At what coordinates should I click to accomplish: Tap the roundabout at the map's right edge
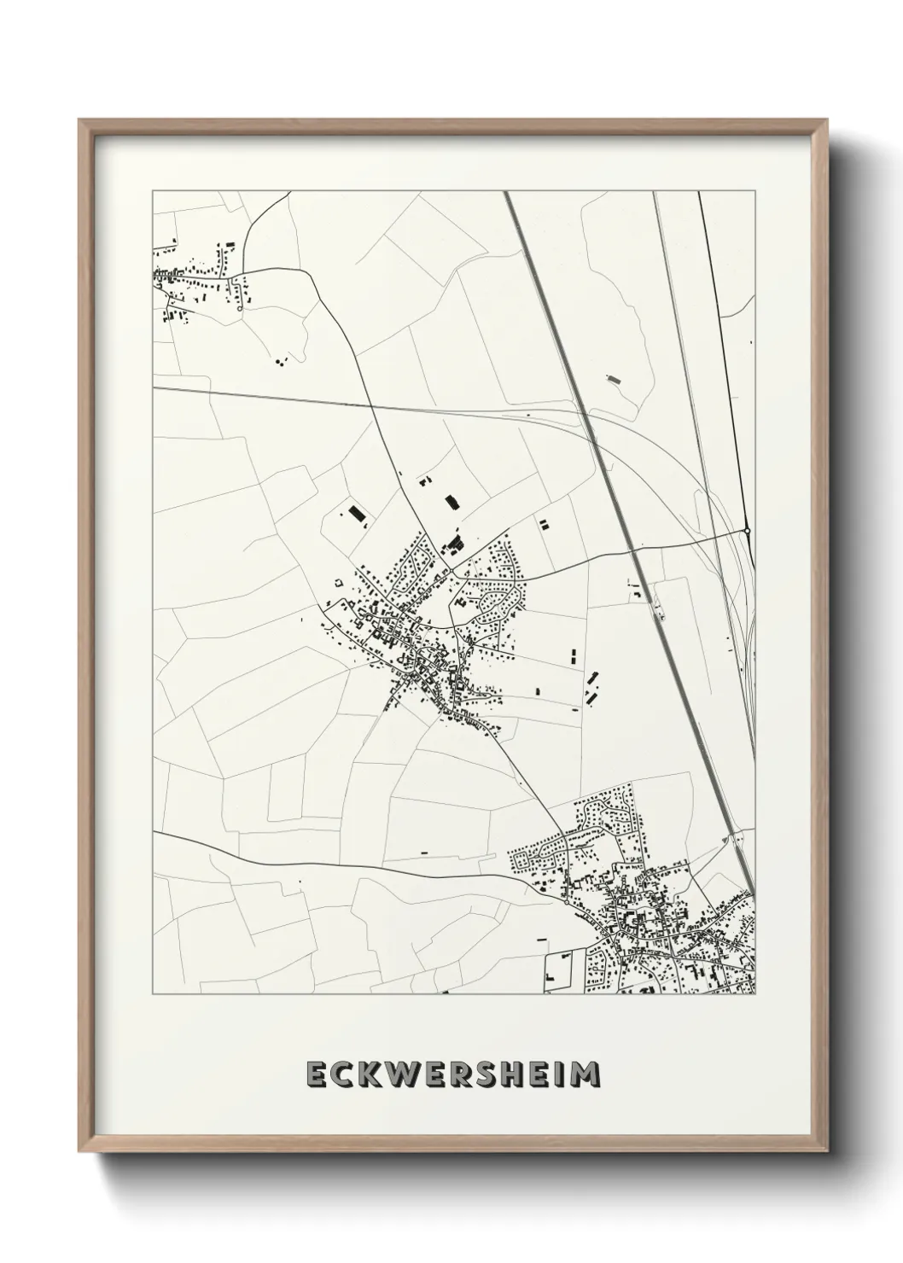coord(747,530)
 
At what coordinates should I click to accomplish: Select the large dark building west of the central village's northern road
coord(356,513)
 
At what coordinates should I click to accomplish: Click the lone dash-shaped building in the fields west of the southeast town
coord(423,853)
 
